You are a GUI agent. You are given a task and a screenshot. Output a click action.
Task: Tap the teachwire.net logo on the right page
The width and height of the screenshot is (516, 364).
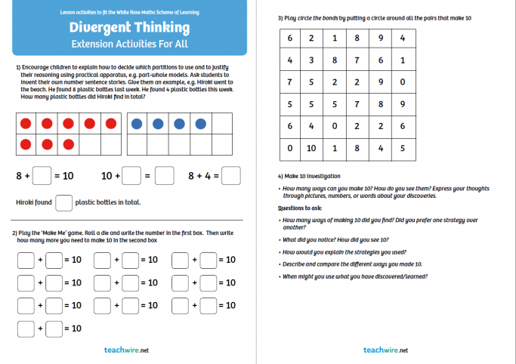pos(385,350)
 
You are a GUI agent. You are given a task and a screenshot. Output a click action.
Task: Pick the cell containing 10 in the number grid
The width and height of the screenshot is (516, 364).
pos(311,149)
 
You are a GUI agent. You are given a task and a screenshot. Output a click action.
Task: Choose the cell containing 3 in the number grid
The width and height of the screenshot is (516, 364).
pos(311,60)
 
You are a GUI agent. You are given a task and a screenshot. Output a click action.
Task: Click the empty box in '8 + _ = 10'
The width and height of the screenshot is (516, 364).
pos(43,176)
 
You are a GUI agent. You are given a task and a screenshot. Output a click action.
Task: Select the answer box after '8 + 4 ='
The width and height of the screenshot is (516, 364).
pos(231,176)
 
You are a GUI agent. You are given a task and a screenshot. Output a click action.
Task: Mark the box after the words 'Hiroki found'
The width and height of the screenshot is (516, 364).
pos(64,202)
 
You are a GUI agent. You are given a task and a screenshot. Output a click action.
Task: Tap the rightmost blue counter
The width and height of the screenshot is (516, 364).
pos(201,123)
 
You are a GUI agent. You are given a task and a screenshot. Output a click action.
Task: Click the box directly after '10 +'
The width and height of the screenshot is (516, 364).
pos(131,176)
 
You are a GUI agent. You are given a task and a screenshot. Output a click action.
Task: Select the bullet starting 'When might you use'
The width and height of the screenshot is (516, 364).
pos(354,276)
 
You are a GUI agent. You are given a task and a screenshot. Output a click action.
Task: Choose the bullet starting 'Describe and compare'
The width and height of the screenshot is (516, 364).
pos(352,264)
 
